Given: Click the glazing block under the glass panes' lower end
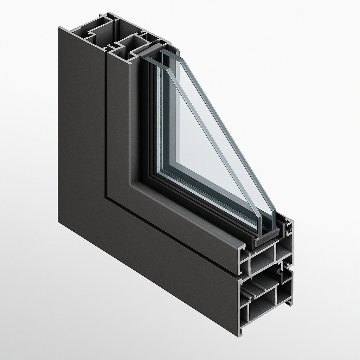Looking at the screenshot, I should (266, 239).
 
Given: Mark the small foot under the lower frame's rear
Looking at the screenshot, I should (290, 302).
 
